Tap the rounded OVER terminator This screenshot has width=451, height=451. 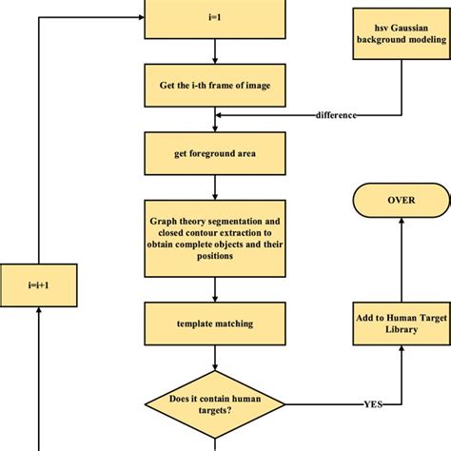point(399,201)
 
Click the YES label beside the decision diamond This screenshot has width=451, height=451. point(374,403)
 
